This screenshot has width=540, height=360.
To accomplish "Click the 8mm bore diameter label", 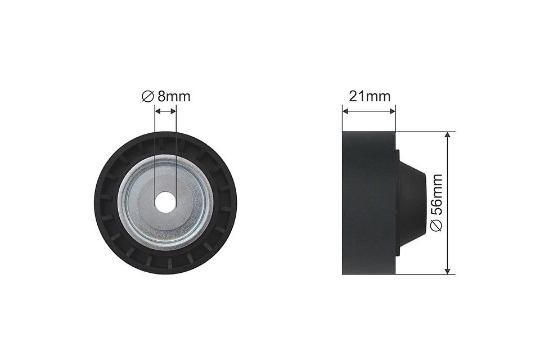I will tap(173, 96).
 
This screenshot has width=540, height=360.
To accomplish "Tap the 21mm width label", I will tap(369, 96).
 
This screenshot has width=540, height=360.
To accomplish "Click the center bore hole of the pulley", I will tap(165, 202).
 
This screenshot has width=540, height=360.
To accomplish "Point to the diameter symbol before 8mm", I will tap(147, 97).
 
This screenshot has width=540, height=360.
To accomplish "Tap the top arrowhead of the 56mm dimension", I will tap(448, 136).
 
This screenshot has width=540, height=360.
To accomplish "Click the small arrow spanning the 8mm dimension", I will tap(165, 111).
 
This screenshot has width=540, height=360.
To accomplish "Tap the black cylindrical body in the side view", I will tap(369, 202).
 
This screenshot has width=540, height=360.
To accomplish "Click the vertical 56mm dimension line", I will tap(448, 169).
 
